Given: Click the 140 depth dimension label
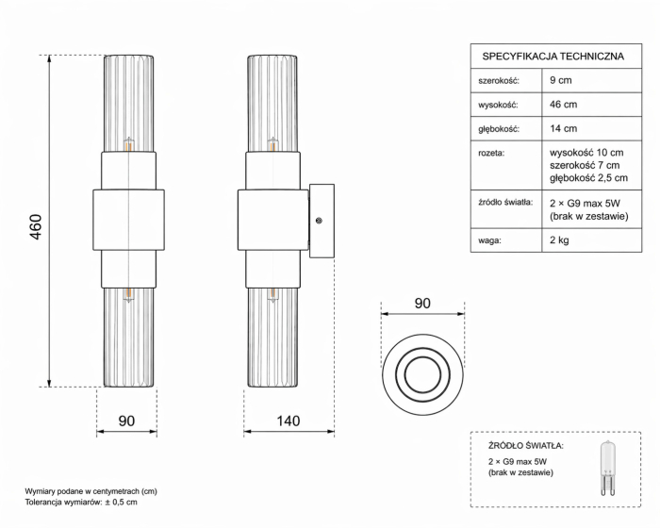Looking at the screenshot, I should pyautogui.click(x=289, y=421).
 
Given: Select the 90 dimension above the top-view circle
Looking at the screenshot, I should pyautogui.click(x=422, y=304).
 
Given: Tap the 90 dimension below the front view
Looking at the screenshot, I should pyautogui.click(x=126, y=421).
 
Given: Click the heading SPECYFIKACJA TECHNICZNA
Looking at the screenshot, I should pyautogui.click(x=553, y=57).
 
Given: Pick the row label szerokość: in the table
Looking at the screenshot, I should pyautogui.click(x=499, y=81).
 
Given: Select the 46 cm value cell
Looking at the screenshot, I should pyautogui.click(x=564, y=105).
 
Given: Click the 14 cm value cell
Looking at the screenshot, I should pyautogui.click(x=564, y=128).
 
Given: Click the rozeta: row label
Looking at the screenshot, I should pyautogui.click(x=492, y=152).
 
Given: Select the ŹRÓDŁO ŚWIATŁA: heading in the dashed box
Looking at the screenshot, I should pyautogui.click(x=525, y=444).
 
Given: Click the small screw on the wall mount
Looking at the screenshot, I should pyautogui.click(x=320, y=221).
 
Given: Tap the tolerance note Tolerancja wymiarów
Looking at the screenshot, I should pyautogui.click(x=81, y=503).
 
